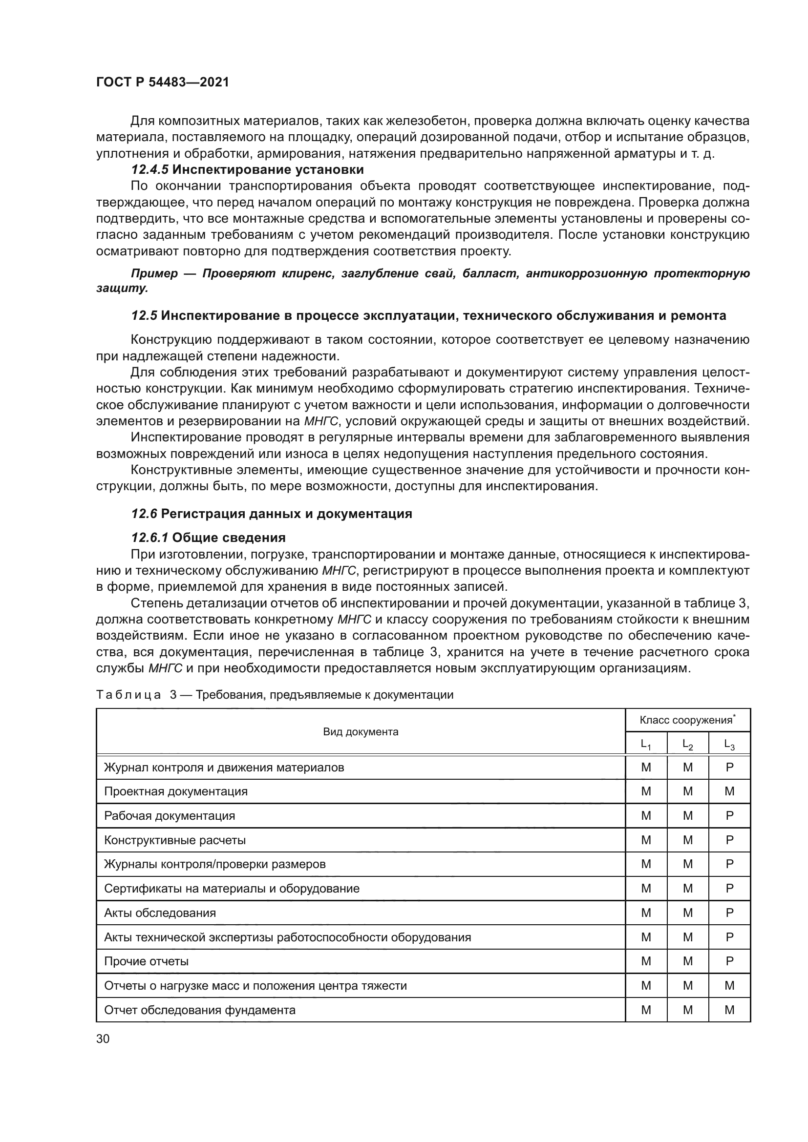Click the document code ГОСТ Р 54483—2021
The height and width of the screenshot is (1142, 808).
pos(163,83)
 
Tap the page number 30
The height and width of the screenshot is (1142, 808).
pos(103,1038)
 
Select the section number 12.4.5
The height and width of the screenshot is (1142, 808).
pos(150,169)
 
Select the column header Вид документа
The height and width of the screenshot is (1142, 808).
pos(361,732)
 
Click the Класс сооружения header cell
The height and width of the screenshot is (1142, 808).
pos(687,720)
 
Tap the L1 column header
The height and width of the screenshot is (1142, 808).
pos(646,745)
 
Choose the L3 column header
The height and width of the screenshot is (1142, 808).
pos(729,745)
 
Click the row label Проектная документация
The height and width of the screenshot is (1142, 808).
pos(176,791)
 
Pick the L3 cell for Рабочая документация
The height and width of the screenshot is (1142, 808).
pos(729,816)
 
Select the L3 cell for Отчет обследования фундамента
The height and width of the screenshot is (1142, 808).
pos(729,1010)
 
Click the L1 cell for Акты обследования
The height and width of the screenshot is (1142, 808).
pos(646,913)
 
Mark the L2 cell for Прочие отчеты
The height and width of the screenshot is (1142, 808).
pos(688,961)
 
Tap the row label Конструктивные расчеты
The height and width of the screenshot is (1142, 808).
pos(174,840)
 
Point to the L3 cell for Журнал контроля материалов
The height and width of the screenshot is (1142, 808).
pos(729,768)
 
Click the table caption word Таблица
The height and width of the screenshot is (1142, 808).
pos(128,695)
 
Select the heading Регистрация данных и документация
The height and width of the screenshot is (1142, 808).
pos(287,514)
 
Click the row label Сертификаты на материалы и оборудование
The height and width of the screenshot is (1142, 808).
pos(232,888)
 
